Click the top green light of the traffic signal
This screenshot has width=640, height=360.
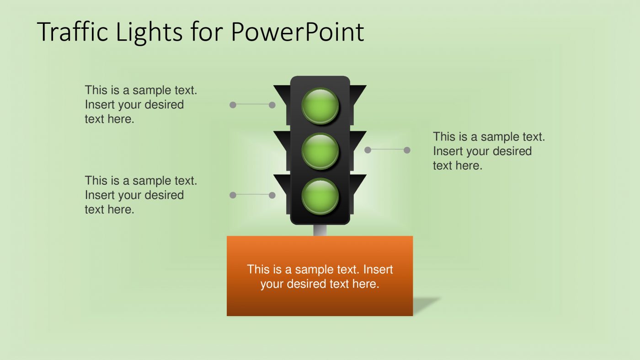point(320,106)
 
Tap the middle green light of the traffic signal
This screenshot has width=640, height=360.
point(320,150)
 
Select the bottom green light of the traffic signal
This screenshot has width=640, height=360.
point(320,196)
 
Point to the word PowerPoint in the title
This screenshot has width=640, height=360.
point(297,32)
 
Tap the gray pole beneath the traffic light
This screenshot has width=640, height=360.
point(320,230)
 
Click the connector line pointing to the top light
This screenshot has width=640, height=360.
point(252,105)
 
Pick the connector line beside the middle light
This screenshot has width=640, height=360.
point(386,150)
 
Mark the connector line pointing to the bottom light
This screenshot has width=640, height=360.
point(252,195)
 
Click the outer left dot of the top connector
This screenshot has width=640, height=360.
point(233,105)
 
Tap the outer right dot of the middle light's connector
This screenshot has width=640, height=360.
point(407,150)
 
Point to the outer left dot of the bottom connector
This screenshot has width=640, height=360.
point(233,195)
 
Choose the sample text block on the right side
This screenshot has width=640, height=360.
point(489,151)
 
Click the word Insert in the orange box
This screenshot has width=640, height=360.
point(378,269)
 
